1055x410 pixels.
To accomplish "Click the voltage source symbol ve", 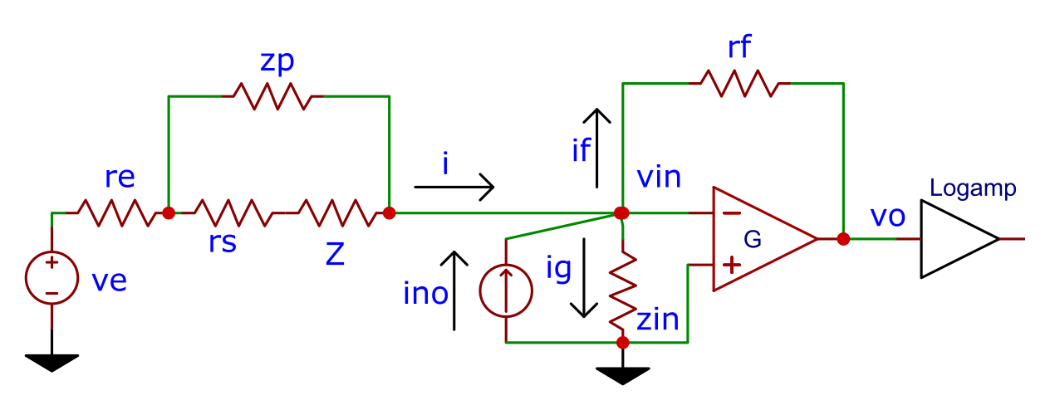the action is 52,278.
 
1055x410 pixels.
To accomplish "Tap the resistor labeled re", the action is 117,213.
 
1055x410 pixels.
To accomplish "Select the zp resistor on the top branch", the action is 273,96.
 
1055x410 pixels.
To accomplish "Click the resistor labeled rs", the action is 233,213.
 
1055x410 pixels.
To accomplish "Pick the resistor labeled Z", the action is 337,213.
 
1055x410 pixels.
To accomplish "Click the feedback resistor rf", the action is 739,83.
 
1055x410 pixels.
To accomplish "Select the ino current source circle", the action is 506,291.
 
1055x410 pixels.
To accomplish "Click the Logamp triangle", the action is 959,239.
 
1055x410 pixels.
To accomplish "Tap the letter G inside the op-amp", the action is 752,239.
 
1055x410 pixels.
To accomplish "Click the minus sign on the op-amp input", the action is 731,213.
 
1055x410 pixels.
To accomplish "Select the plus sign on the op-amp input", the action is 731,265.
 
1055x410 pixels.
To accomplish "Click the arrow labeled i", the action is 454,188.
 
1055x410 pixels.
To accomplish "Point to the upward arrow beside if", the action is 596,149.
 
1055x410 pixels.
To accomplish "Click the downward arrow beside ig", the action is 584,278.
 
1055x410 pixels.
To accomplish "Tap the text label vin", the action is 659,178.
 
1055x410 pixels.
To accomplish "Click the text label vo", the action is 888,217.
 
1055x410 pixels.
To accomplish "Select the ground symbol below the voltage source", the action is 52,363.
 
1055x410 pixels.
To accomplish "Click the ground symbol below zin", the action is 623,376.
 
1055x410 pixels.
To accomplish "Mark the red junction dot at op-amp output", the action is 843,239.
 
